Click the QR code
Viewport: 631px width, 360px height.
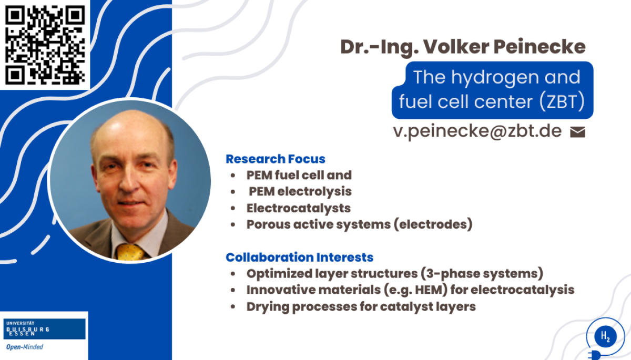click(x=45, y=45)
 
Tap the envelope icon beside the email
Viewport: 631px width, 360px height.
click(x=577, y=132)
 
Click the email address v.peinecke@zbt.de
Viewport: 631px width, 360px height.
click(x=477, y=131)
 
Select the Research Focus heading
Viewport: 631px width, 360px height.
click(x=276, y=159)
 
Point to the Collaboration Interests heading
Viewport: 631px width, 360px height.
click(x=299, y=258)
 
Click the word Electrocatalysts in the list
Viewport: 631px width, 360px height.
click(x=299, y=208)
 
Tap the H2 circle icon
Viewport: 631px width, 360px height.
click(x=605, y=336)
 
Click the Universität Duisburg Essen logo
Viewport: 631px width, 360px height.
click(x=45, y=329)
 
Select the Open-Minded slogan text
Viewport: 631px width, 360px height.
click(x=25, y=347)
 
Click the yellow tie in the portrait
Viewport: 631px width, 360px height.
click(x=130, y=252)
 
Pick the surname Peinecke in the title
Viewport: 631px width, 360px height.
click(x=540, y=47)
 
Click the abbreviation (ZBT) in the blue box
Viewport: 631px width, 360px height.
click(x=562, y=101)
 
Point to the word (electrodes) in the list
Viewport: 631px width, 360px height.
click(x=433, y=224)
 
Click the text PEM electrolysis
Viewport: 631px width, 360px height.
click(x=300, y=192)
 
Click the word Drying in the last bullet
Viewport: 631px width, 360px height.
click(x=268, y=307)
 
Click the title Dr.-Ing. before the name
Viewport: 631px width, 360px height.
click(x=380, y=47)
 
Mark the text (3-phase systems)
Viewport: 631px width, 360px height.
click(x=482, y=274)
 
